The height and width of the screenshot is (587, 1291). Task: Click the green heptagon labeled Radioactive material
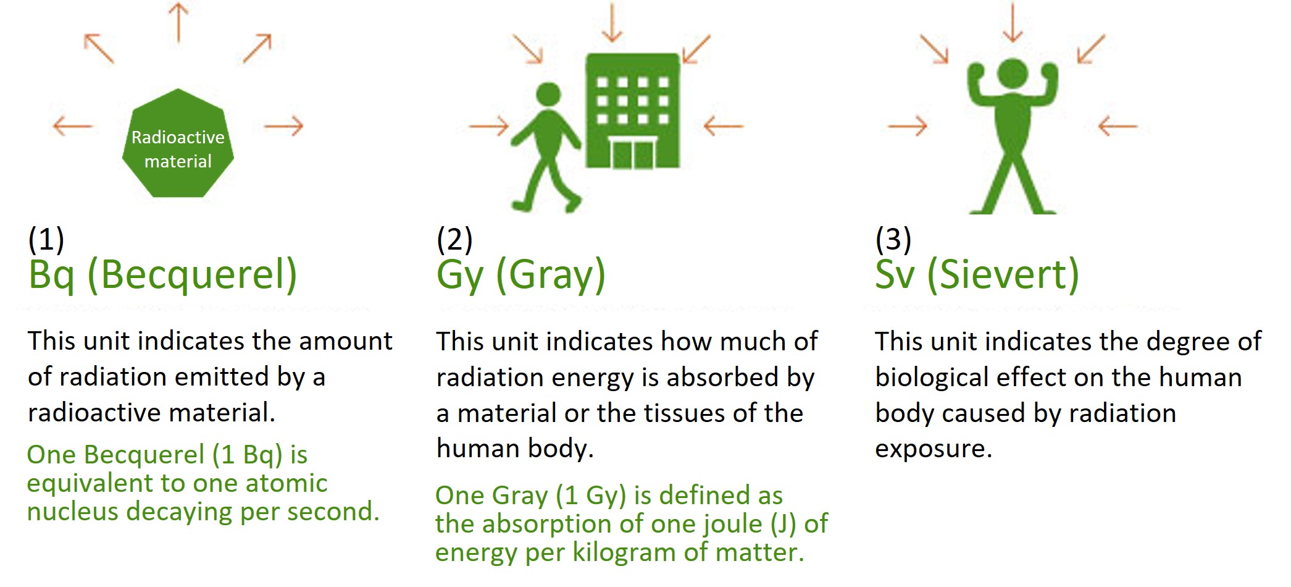pos(178,145)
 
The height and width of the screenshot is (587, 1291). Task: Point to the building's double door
pos(632,154)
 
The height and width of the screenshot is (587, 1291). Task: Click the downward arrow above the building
pos(612,23)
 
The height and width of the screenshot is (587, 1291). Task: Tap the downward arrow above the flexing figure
pos(1012,23)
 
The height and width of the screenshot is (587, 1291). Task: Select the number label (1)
pos(46,239)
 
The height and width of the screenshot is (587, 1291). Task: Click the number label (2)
pos(454,239)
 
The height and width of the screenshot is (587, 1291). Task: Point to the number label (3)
pos(893,239)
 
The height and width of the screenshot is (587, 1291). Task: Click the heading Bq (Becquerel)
pos(162,274)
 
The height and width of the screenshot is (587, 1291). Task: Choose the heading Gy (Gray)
pos(520,274)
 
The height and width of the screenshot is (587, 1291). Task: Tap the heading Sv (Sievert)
pos(977,274)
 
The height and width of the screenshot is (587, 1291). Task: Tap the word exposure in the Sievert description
pos(933,449)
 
